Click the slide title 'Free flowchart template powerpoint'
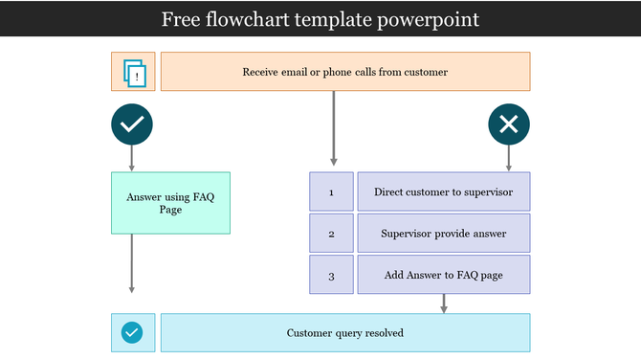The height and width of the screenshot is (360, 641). (320, 19)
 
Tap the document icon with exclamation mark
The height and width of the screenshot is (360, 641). (133, 72)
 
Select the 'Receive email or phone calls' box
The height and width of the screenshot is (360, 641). (344, 72)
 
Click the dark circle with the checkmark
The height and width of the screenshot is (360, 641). (132, 124)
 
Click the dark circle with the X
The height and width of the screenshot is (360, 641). (509, 124)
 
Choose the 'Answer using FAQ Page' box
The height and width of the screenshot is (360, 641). (170, 203)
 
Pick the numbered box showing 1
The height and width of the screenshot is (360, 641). (331, 192)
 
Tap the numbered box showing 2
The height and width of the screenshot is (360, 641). (331, 234)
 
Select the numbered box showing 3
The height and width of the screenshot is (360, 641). (331, 276)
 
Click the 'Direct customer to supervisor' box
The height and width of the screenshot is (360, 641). (443, 192)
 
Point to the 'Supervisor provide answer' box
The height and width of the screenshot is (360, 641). (443, 234)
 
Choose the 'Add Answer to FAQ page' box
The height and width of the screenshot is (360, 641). (443, 276)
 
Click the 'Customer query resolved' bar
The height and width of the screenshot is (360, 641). (344, 333)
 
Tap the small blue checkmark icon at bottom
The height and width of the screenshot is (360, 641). (132, 333)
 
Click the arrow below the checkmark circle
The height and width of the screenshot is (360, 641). (132, 158)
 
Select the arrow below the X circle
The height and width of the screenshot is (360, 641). (509, 158)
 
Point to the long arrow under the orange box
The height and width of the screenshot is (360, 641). (333, 129)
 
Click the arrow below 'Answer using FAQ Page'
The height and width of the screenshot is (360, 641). (132, 263)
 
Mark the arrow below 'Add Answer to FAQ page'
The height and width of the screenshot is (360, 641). (444, 304)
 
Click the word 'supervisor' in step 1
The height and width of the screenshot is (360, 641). (488, 192)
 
